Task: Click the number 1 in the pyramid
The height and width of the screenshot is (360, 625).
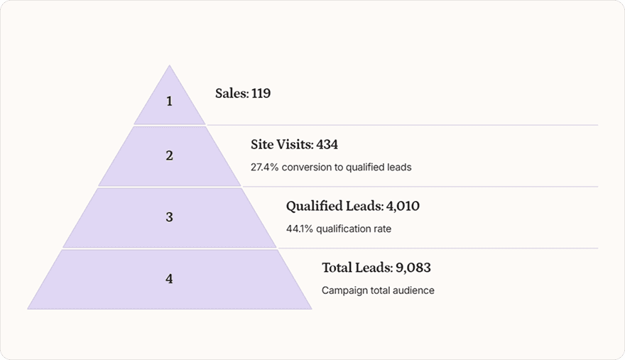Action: [169, 102]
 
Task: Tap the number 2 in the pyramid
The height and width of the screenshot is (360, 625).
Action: [169, 156]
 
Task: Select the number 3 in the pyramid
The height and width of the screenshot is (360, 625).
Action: [169, 217]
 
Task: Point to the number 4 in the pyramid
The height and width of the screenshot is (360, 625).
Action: [169, 279]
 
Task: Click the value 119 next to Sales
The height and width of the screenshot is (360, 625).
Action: [261, 93]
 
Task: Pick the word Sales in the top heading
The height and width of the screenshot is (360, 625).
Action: [231, 93]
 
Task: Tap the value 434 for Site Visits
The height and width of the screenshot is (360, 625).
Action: [327, 145]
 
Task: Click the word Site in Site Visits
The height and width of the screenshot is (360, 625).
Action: [261, 145]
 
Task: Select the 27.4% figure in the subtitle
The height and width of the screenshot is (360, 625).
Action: [264, 168]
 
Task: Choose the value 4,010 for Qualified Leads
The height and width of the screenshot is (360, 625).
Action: [403, 207]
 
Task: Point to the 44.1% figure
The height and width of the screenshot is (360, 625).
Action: [300, 229]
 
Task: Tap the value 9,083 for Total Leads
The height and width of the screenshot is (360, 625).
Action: [413, 268]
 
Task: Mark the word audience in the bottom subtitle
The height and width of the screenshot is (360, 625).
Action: [415, 290]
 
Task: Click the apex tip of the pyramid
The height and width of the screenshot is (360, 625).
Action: [169, 66]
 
